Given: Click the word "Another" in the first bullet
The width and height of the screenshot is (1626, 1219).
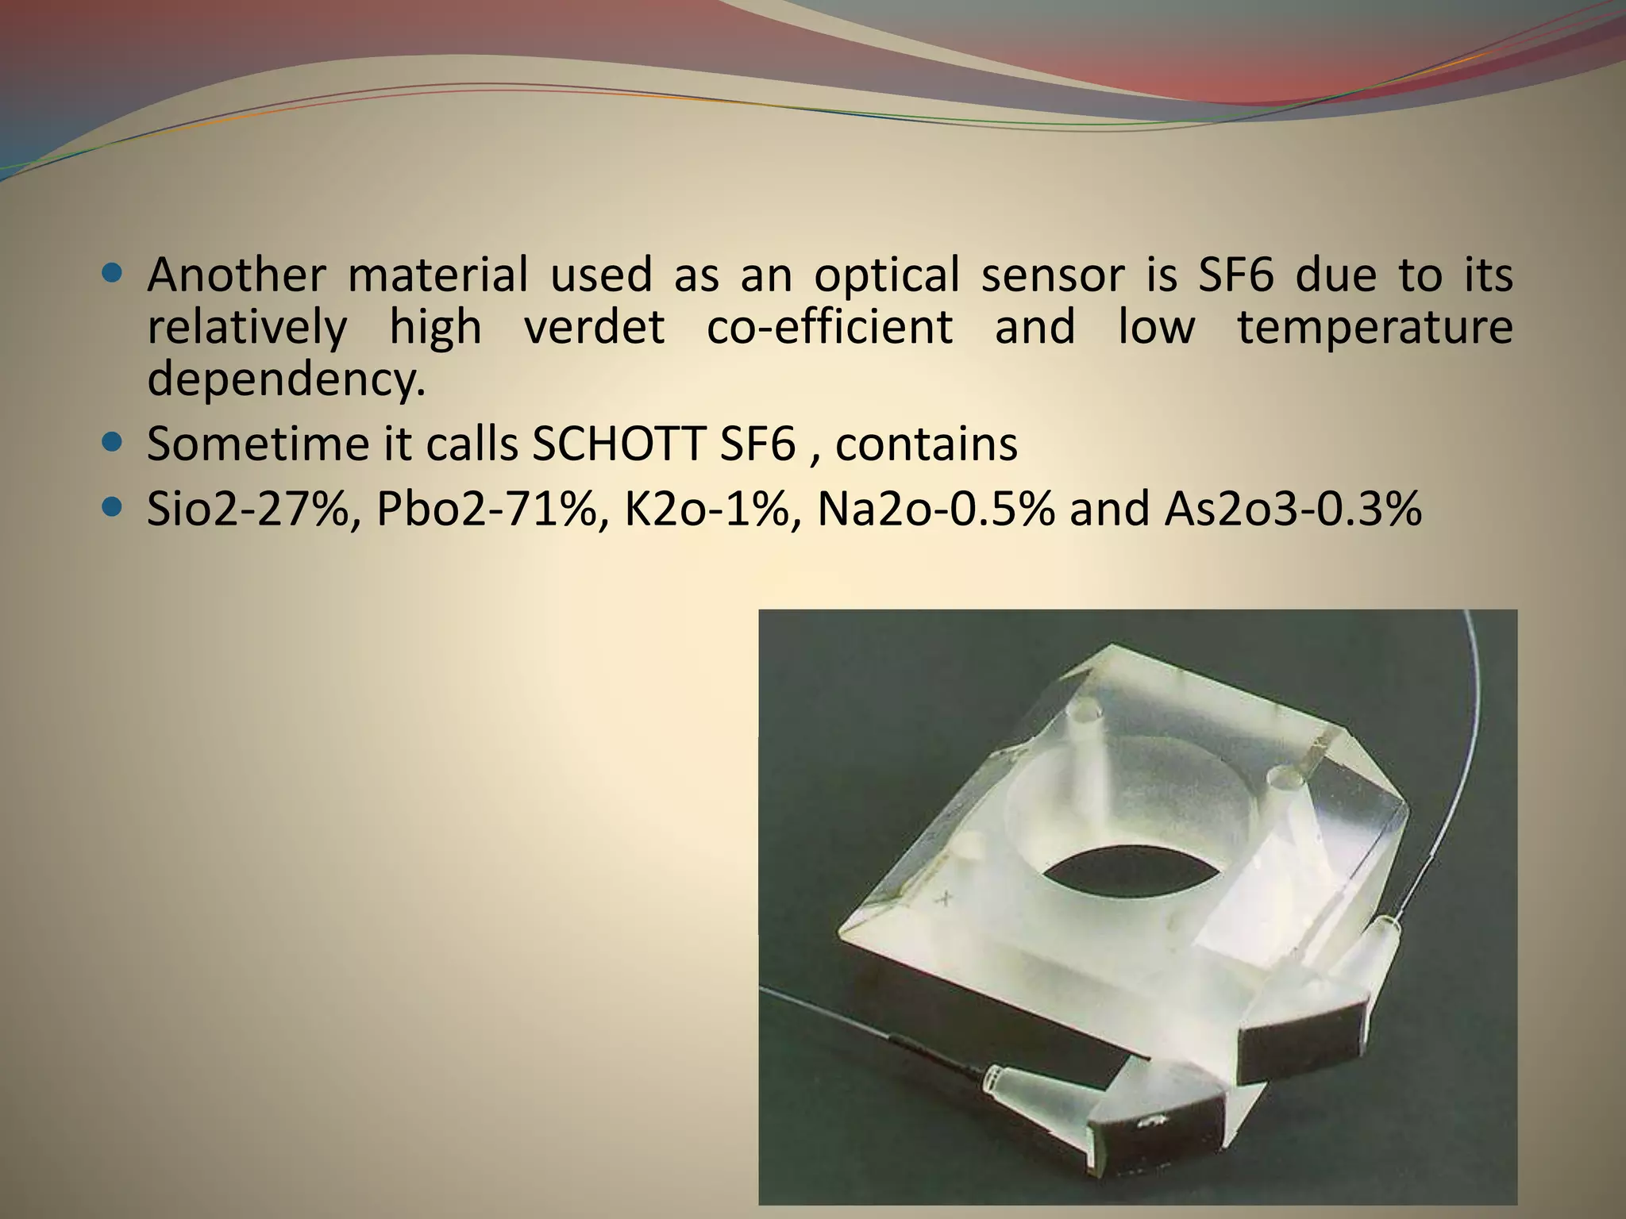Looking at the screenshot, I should [236, 275].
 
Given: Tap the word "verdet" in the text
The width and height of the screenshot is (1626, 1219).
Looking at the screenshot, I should [594, 327].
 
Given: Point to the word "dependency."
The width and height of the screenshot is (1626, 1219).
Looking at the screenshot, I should [287, 379].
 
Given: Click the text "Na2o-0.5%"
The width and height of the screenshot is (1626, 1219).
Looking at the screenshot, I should [936, 509].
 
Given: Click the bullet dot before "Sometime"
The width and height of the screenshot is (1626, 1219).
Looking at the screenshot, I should [113, 441].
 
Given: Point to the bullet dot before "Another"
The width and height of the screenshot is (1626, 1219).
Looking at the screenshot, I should [113, 274].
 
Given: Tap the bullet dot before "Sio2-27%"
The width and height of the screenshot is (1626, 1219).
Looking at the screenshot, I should [113, 506].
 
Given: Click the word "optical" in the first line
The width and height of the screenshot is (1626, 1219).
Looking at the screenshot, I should [887, 275].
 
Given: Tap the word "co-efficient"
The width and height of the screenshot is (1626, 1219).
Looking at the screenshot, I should [830, 327].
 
